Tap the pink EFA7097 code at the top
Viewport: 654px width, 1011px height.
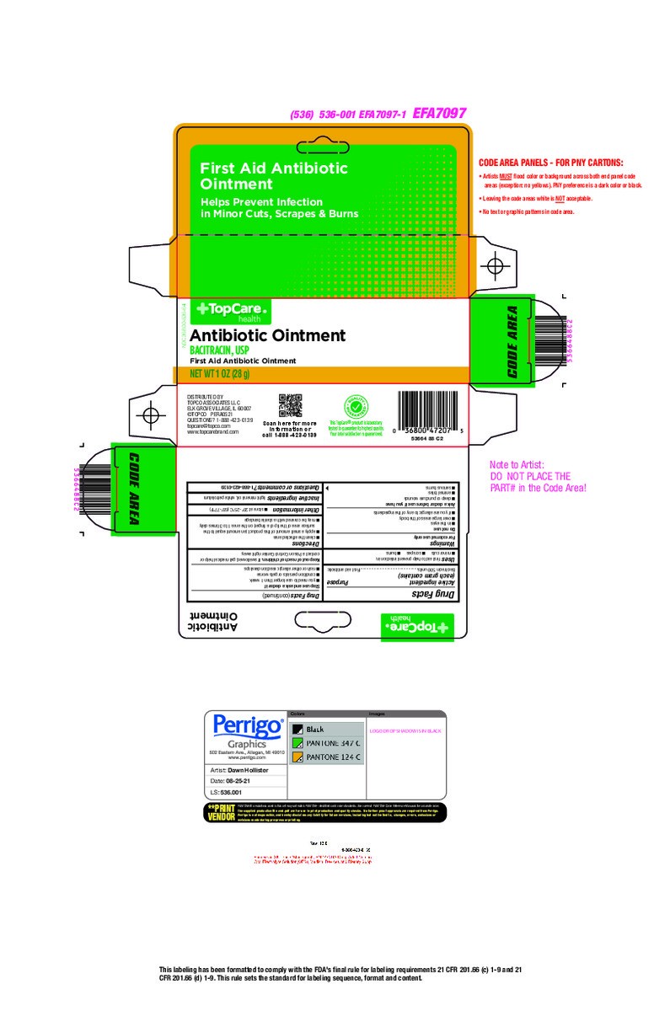[439, 113]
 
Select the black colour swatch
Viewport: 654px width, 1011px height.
[298, 729]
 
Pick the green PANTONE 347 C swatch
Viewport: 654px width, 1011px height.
[298, 743]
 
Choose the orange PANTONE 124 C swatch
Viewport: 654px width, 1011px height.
[298, 757]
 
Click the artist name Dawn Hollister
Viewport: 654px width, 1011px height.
[248, 771]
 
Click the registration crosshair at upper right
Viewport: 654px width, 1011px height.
[496, 265]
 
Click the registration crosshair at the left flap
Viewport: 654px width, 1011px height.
[151, 416]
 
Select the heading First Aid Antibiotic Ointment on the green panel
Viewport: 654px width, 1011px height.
[273, 175]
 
